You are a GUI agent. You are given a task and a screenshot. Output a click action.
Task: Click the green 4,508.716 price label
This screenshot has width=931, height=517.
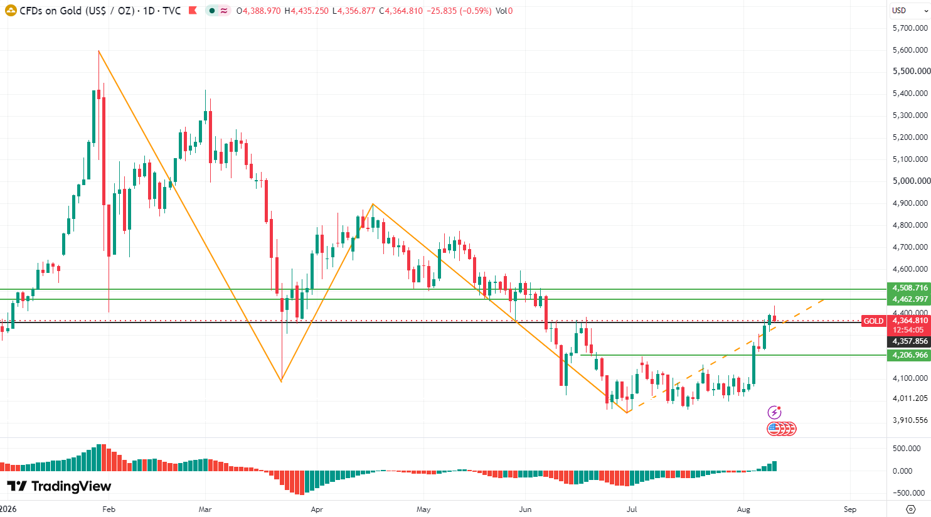909,288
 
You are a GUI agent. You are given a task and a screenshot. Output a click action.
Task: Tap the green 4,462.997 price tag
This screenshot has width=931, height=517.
909,299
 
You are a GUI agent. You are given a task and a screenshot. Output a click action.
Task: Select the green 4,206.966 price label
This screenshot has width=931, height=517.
909,355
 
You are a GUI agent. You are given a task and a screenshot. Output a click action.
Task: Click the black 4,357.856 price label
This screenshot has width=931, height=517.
909,341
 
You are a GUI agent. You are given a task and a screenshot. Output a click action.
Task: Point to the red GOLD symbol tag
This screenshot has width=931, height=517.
873,321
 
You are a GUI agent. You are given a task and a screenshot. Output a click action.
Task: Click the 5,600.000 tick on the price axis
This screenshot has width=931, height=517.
910,50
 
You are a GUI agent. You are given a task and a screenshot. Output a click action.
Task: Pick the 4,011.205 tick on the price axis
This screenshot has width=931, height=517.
910,398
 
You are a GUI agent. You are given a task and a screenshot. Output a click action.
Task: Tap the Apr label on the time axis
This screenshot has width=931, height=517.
317,509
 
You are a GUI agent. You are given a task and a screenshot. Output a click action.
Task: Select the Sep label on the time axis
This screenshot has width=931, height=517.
850,509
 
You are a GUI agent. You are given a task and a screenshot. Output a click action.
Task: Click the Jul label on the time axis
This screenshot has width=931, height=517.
632,509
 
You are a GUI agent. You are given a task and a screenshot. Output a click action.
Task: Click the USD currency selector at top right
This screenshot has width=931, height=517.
909,11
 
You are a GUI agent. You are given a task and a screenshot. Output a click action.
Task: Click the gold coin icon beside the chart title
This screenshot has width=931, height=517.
11,11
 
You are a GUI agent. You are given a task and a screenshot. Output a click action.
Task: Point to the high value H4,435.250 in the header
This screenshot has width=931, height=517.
306,11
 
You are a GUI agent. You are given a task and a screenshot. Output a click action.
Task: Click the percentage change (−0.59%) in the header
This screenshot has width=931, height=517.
476,11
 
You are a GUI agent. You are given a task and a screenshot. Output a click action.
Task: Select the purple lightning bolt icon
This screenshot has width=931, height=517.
774,412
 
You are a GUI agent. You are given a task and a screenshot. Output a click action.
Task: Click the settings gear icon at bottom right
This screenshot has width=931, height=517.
911,509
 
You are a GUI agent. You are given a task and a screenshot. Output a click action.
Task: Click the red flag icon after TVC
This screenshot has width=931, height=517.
193,11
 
